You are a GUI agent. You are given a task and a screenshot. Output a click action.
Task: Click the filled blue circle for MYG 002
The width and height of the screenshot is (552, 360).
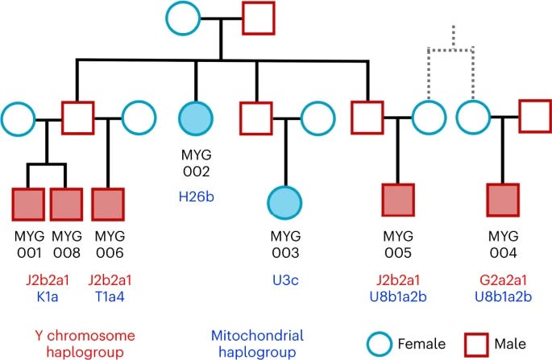click(196, 118)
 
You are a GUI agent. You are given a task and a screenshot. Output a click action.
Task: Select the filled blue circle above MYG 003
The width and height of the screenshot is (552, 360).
click(284, 203)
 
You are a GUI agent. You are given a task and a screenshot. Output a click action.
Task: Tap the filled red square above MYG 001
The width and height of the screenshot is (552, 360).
click(28, 205)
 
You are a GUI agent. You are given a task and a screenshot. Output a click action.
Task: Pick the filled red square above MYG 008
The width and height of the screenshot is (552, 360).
click(66, 205)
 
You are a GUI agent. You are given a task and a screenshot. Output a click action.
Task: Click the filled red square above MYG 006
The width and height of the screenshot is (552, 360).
click(108, 205)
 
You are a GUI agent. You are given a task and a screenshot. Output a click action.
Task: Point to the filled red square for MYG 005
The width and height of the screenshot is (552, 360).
click(398, 200)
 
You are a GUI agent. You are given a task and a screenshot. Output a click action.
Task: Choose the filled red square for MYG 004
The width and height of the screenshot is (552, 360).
click(503, 200)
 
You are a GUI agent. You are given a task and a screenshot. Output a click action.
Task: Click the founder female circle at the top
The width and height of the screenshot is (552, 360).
click(183, 19)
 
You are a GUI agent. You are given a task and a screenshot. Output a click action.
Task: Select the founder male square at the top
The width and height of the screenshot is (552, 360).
click(259, 19)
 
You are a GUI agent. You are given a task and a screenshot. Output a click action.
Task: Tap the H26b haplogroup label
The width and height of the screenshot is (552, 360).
click(196, 197)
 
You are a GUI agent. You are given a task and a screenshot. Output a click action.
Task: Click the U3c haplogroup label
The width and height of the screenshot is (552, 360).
click(285, 280)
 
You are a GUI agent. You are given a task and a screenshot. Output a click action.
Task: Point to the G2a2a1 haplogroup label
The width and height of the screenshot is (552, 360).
click(503, 280)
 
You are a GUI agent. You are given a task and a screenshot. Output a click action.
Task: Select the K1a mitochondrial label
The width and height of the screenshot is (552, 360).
click(48, 297)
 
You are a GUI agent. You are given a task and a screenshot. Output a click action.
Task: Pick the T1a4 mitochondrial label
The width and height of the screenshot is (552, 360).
click(110, 297)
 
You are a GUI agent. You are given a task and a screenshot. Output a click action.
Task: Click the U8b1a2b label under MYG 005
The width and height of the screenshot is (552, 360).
click(398, 297)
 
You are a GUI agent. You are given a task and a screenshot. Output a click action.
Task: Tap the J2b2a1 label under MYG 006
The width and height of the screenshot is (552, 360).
click(110, 280)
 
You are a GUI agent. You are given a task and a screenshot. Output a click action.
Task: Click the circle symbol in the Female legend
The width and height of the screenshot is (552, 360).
click(380, 344)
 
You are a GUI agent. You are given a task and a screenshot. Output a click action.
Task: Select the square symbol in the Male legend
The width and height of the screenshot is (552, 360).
click(476, 345)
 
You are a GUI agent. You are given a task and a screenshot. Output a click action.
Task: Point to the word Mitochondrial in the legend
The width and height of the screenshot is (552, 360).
click(257, 335)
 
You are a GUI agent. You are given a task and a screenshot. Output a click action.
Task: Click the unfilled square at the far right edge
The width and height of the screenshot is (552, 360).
click(535, 117)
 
